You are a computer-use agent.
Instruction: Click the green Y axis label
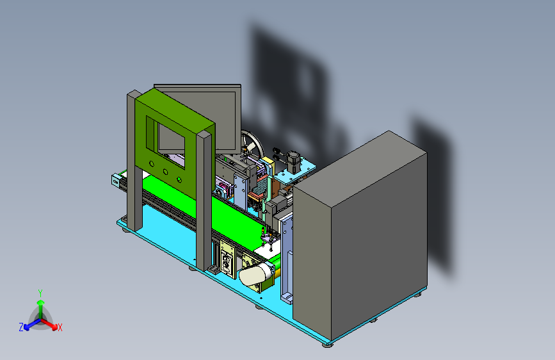point(40,293)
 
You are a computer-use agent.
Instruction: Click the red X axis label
point(60,327)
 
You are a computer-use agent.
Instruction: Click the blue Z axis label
point(21,327)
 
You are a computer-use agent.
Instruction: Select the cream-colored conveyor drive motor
point(255,274)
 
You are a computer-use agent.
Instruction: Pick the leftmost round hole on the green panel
point(152,164)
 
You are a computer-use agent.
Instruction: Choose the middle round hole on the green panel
point(165,172)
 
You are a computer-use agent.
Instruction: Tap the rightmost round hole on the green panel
point(179,180)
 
